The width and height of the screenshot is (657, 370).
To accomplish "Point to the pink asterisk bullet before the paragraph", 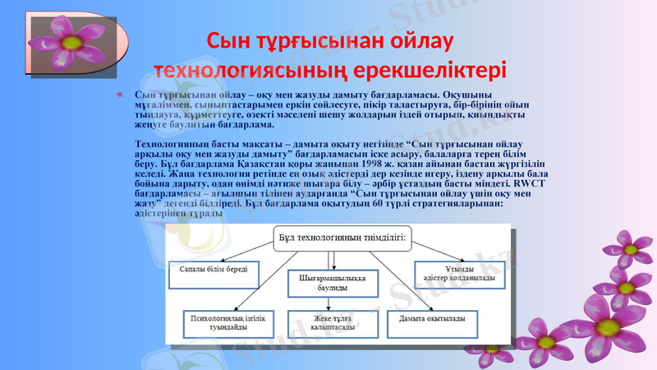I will pyautogui.click(x=123, y=98).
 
